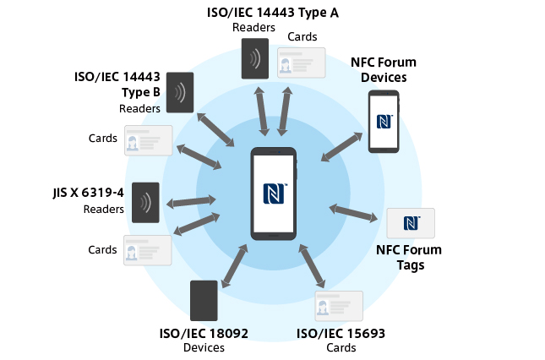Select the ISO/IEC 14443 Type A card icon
tap(302, 63)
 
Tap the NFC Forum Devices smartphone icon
tap(383, 121)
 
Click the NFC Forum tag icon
tap(411, 223)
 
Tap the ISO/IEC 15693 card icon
tap(338, 305)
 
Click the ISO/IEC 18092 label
tap(204, 333)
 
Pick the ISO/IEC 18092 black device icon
tap(204, 300)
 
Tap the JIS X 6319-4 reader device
tap(145, 203)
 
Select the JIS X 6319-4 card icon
tap(148, 251)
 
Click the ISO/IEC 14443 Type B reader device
tap(180, 92)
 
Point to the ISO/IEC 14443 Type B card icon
tap(149, 140)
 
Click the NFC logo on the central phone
tap(275, 194)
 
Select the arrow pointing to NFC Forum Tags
tap(354, 212)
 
